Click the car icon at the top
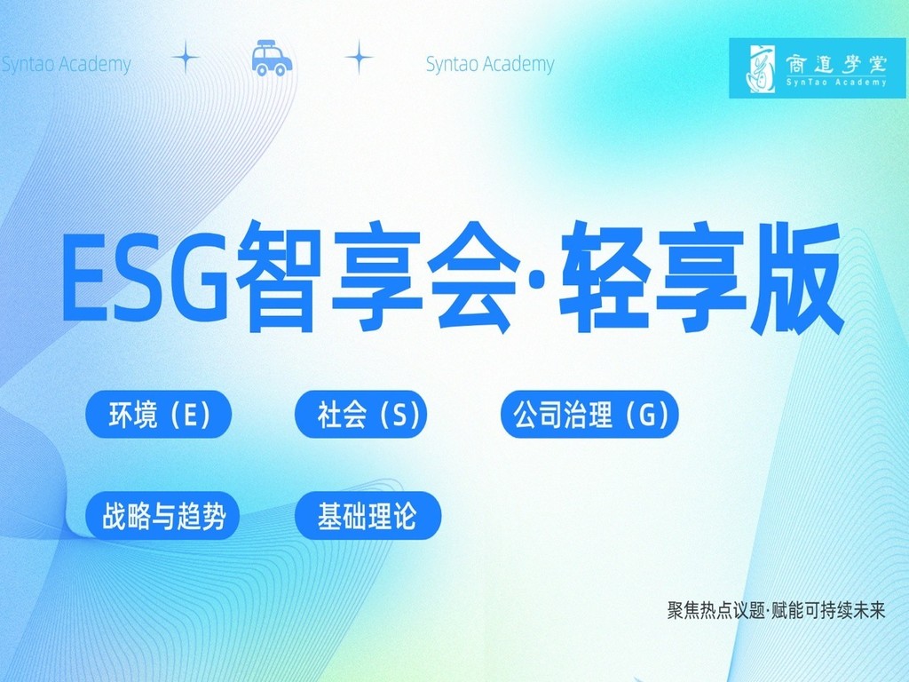tap(272, 58)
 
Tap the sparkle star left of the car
tap(186, 57)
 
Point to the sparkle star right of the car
tap(359, 57)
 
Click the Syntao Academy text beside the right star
tap(490, 64)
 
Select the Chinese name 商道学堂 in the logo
tap(836, 63)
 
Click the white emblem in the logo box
tap(761, 67)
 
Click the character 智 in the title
tap(278, 276)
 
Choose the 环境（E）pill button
tap(159, 414)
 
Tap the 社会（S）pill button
tap(360, 414)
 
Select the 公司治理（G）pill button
tap(589, 414)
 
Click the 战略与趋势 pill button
tap(163, 516)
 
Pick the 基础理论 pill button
tap(368, 516)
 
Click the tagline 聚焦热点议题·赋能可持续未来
tap(776, 611)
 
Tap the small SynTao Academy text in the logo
tap(836, 83)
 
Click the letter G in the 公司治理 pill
tap(647, 416)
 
